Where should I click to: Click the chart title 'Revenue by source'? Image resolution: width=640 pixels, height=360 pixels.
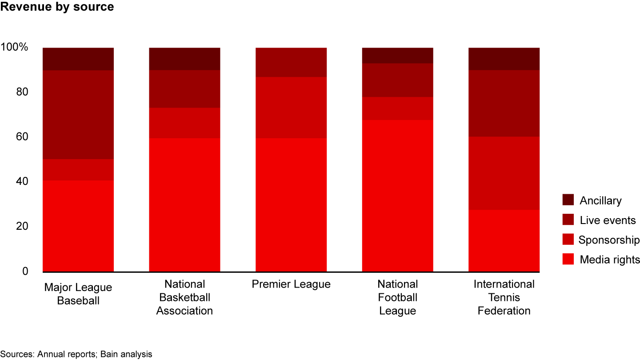pos(57,7)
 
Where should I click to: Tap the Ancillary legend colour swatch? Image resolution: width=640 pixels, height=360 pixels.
pos(568,200)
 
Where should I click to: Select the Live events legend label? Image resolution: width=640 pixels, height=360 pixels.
pos(608,220)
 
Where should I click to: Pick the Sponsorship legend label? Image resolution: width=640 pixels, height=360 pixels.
pos(608,240)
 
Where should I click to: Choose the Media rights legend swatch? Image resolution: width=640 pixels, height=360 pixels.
pos(568,259)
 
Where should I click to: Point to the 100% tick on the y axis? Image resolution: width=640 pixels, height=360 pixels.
pos(15,47)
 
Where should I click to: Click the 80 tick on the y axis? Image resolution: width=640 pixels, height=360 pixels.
pos(22,92)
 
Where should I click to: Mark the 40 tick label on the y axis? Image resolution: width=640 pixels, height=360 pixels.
pos(22,181)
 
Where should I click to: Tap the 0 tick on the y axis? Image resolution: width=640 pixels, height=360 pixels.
pos(25,271)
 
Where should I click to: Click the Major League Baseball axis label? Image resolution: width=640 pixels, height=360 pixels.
pos(78,294)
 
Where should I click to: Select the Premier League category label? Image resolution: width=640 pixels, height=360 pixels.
pos(291,284)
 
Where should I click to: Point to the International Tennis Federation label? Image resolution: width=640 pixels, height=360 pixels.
pos(504,297)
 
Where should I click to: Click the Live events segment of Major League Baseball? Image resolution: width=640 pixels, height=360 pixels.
pos(78,115)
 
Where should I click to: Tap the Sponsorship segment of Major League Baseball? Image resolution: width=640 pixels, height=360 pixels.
pos(78,169)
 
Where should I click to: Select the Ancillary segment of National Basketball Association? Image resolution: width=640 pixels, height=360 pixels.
pos(184,59)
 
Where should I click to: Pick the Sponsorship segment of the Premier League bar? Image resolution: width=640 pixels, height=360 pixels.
pos(291,108)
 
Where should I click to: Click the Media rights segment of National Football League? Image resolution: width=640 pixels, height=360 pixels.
pos(398,196)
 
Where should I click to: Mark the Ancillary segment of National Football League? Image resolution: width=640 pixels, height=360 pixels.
pos(398,56)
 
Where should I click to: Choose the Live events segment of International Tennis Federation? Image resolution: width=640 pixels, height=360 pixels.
pos(504,103)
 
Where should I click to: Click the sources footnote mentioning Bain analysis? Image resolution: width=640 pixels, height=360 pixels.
pos(76,354)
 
